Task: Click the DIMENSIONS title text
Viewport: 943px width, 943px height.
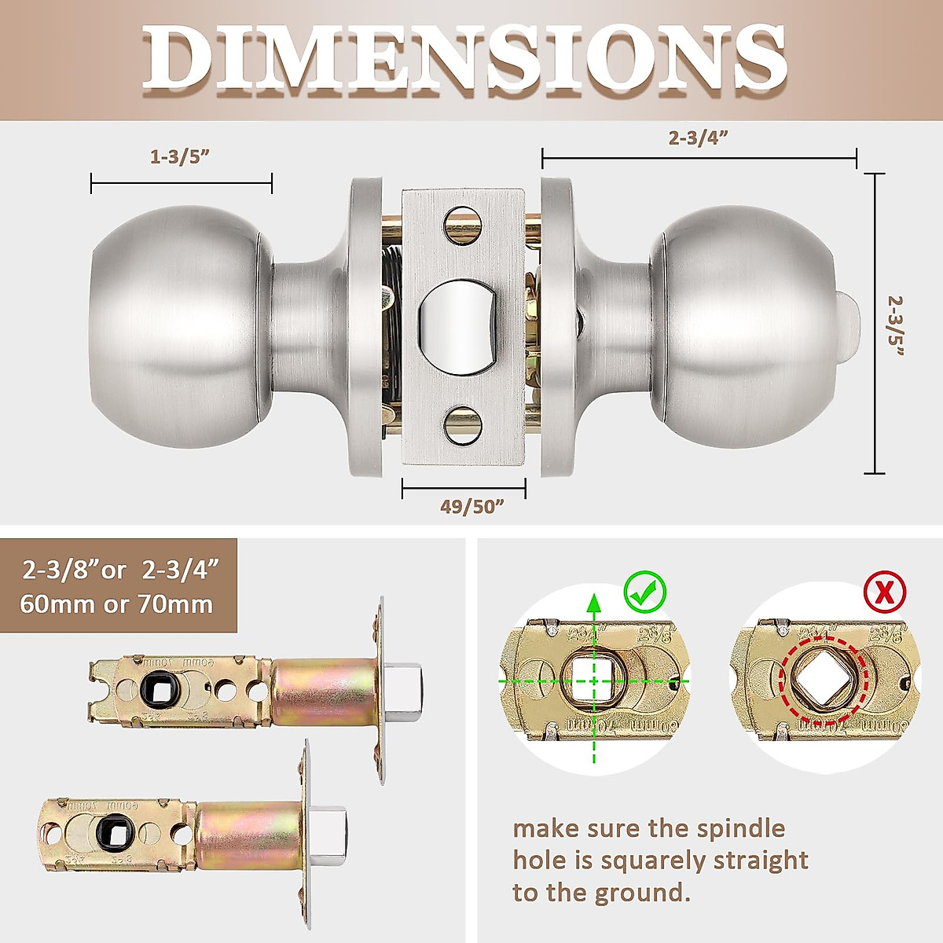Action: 464,59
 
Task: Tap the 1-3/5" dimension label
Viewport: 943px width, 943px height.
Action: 180,156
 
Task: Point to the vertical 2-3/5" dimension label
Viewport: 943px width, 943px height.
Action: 897,325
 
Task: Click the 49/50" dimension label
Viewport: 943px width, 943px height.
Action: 472,507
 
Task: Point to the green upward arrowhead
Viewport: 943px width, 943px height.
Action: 595,604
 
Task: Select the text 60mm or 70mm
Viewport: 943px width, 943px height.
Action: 116,604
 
